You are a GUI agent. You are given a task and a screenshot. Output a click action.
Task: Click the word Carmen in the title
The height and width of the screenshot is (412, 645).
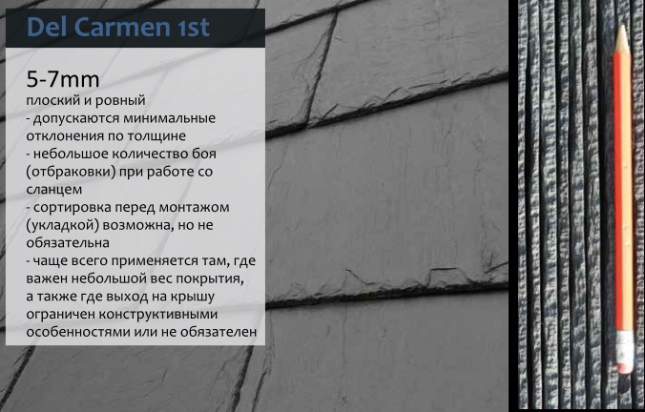(x=121, y=27)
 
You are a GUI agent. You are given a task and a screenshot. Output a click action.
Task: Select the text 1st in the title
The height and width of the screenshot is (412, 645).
(x=194, y=28)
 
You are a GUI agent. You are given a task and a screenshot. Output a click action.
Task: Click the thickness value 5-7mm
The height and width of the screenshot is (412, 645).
(x=63, y=79)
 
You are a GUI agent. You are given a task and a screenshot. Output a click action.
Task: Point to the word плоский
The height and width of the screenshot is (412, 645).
(x=52, y=100)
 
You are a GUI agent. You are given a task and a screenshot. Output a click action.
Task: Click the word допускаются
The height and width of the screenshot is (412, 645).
(x=76, y=118)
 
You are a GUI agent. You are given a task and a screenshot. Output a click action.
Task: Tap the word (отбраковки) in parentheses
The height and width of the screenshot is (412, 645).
(x=71, y=172)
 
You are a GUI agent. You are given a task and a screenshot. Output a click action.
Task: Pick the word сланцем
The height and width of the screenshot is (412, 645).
(x=53, y=190)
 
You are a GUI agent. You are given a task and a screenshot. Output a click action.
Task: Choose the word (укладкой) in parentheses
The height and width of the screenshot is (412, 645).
(x=62, y=225)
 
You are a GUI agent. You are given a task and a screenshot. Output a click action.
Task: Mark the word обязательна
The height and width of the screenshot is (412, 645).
(x=68, y=243)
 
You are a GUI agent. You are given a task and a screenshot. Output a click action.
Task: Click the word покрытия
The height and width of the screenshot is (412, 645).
(x=215, y=278)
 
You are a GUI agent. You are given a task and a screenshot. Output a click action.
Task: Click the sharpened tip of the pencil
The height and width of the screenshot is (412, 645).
(x=622, y=27)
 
